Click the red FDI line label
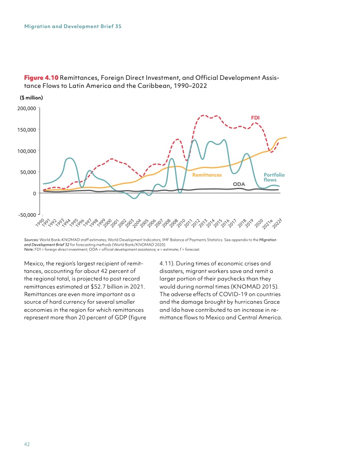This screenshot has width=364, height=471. pos(255,118)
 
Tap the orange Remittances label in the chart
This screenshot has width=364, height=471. pos(207,175)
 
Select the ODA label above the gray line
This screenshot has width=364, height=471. pos(240,184)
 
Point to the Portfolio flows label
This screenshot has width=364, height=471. pos(274,177)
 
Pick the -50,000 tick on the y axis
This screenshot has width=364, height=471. pos(28,215)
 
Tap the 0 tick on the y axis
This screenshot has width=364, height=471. pos(34,193)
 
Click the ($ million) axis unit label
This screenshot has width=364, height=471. pos(33,98)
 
